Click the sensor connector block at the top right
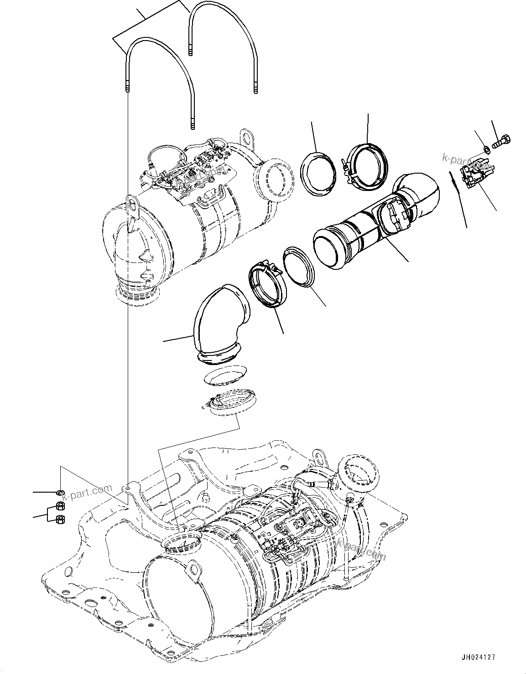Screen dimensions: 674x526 (x=475, y=175)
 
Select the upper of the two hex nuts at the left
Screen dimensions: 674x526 (x=59, y=505)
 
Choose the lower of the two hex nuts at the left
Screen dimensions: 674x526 (x=59, y=519)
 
